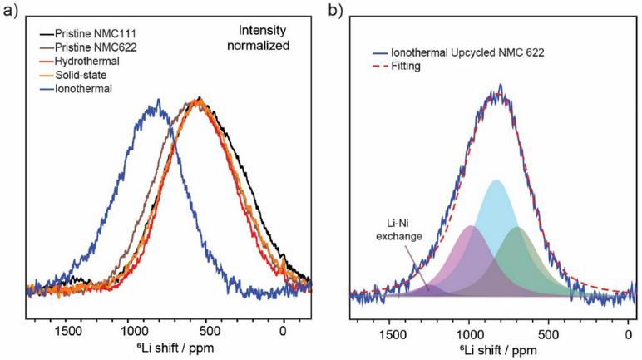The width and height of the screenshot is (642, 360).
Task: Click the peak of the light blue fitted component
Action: coord(496,180)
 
